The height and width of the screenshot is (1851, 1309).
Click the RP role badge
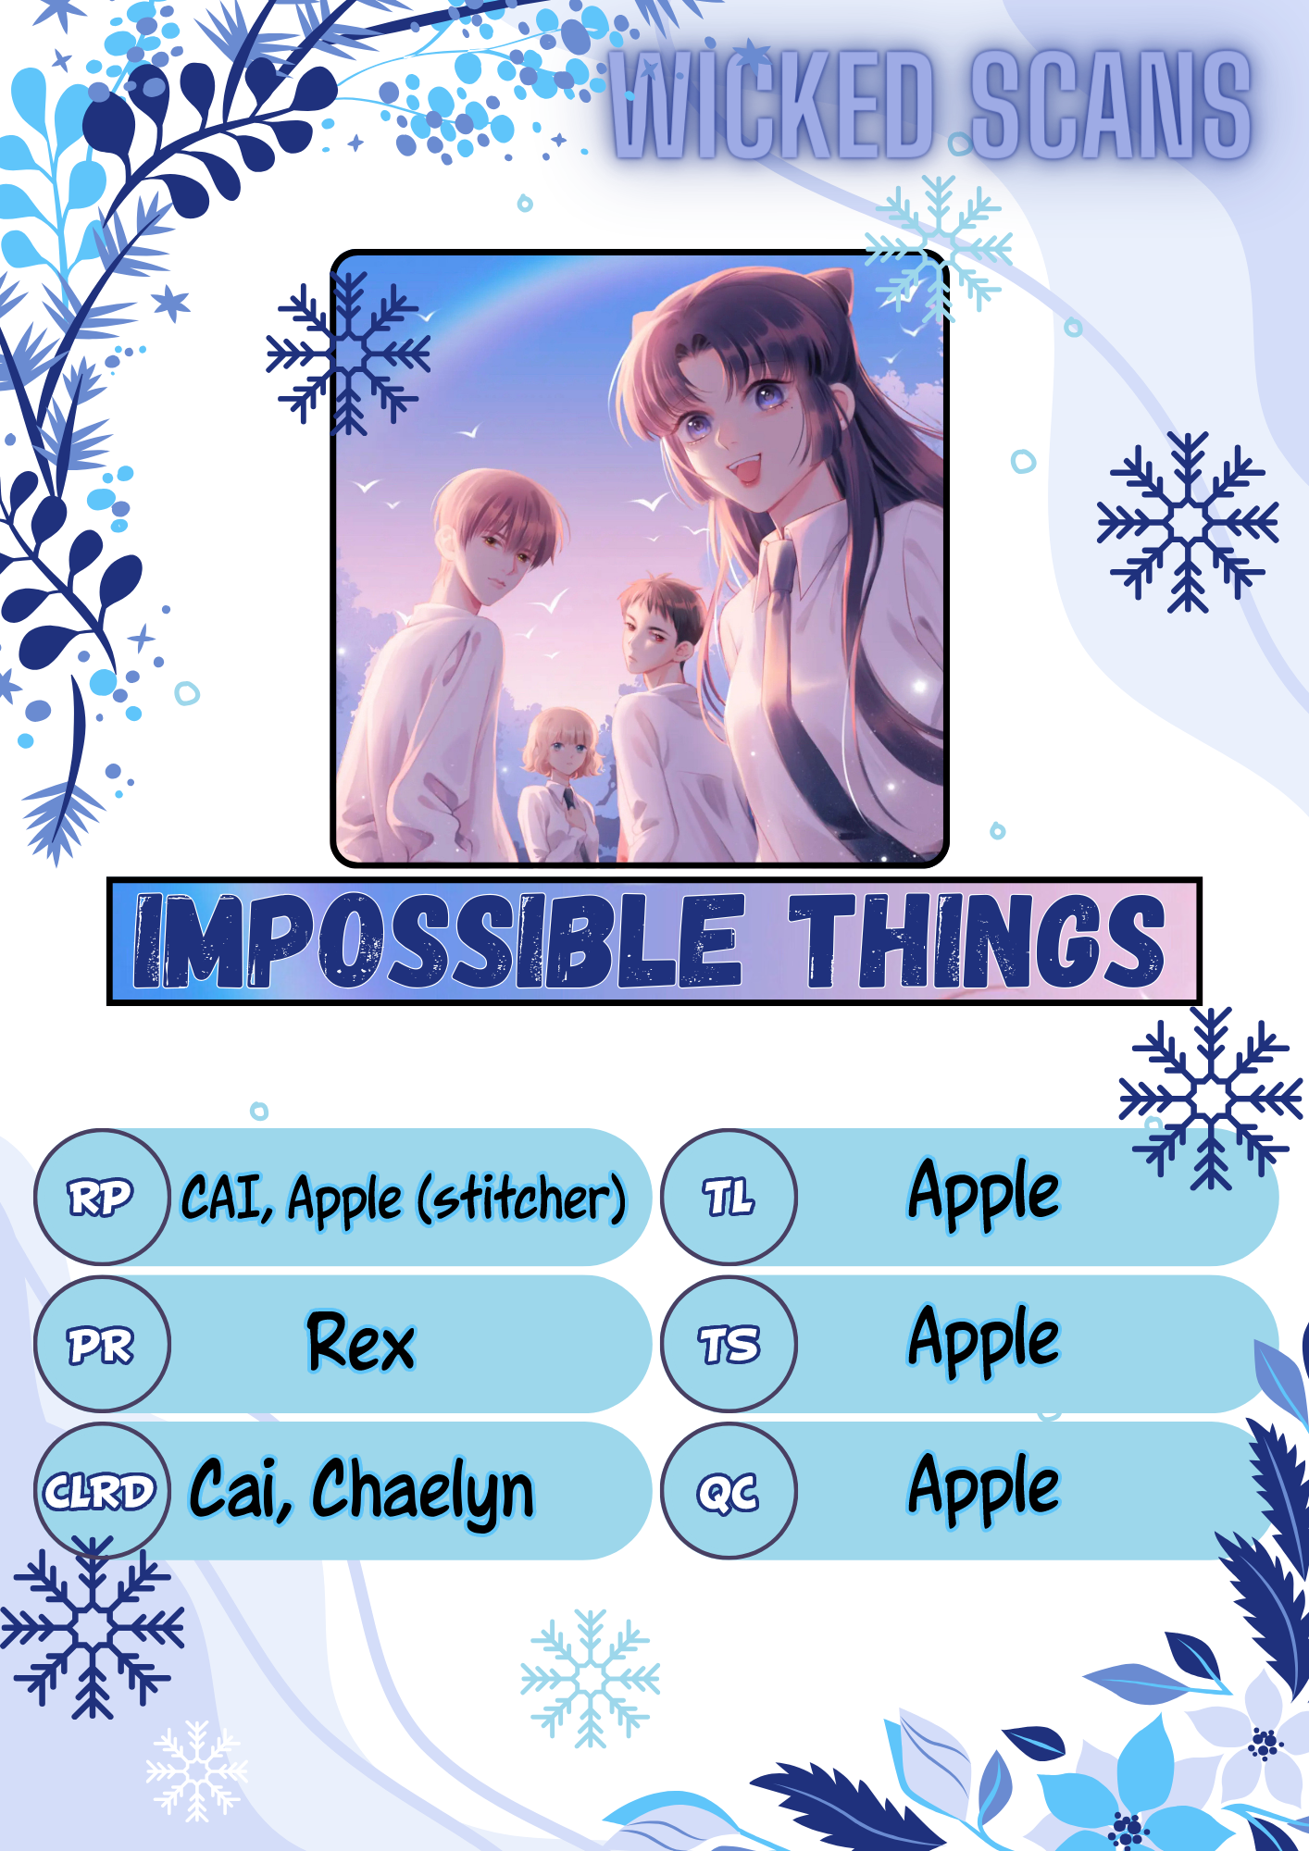click(x=102, y=1197)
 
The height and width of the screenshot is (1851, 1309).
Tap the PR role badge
click(x=102, y=1344)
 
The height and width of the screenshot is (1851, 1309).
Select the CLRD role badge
click(x=102, y=1491)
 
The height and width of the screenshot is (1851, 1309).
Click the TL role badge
click(x=729, y=1197)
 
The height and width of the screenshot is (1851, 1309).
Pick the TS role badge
click(x=729, y=1344)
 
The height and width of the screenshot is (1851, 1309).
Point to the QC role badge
click(x=729, y=1491)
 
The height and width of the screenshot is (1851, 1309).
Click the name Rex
click(x=361, y=1342)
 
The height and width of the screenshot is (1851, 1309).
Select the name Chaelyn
click(x=423, y=1491)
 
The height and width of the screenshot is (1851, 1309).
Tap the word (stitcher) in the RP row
click(x=522, y=1199)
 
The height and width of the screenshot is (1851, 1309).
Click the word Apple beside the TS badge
click(x=984, y=1342)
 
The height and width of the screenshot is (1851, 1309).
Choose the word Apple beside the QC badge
click(x=984, y=1489)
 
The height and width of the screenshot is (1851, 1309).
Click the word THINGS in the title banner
click(x=977, y=940)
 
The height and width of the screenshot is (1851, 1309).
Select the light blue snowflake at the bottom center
click(x=591, y=1678)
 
